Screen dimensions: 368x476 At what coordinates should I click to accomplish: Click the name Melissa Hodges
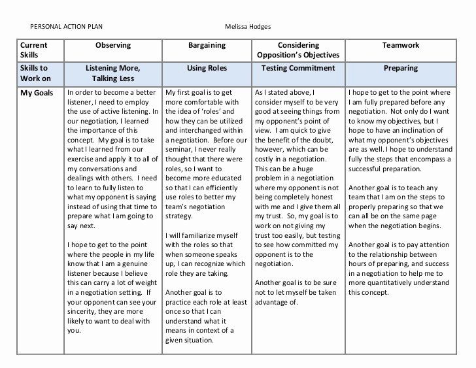click(248, 27)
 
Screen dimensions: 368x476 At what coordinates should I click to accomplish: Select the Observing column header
click(113, 46)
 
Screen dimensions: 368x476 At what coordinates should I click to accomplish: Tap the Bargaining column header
click(207, 46)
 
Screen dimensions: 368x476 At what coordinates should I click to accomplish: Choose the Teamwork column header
click(400, 46)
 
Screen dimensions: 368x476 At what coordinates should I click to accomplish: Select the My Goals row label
click(36, 93)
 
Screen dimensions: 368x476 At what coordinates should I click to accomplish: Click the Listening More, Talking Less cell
click(113, 72)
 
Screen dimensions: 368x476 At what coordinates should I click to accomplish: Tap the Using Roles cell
click(207, 67)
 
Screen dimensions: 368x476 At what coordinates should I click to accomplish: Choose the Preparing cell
click(400, 67)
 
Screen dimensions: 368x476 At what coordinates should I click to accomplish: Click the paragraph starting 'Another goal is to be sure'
click(297, 292)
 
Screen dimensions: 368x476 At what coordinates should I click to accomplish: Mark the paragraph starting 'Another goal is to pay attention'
click(399, 268)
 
